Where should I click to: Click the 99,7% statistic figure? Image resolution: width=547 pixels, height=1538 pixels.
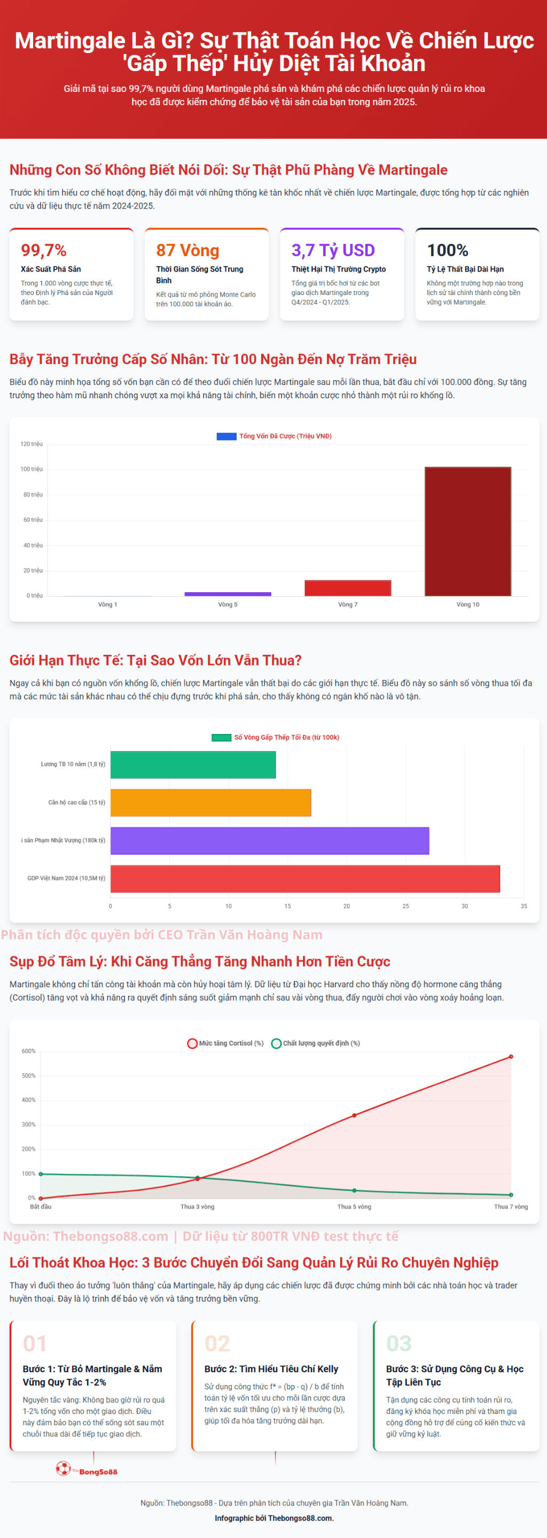coord(44,250)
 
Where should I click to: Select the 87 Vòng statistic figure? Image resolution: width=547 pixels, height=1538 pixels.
coord(187,250)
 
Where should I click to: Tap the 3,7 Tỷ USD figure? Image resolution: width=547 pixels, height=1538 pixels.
coord(333,250)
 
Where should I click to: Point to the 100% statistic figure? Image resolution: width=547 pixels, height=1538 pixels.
coord(448,250)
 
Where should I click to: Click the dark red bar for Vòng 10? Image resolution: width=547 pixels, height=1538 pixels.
coord(467,531)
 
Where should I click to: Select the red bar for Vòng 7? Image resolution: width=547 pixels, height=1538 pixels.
coord(348,588)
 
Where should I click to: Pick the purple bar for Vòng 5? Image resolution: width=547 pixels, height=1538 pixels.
coord(228,594)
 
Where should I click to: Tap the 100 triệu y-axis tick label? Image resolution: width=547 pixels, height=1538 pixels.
coord(32,469)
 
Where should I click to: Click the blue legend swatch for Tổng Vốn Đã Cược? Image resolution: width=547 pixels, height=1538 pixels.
coord(226,436)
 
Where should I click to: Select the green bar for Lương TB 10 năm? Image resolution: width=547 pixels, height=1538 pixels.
coord(193,765)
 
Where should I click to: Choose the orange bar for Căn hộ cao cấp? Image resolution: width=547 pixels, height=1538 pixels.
coord(210,802)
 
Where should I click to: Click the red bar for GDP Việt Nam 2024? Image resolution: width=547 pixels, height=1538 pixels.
coord(305,878)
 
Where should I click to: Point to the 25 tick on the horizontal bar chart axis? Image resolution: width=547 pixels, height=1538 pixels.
coord(405,906)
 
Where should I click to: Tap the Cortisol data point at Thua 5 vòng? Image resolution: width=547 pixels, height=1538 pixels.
coord(354,1115)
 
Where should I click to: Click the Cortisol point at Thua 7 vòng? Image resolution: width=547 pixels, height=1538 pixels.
coord(511,1057)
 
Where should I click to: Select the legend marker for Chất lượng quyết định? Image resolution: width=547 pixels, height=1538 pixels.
coord(276,1044)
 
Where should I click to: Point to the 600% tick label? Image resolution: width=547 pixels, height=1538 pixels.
coord(29,1052)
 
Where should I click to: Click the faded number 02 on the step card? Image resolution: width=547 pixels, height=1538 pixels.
coord(217,1344)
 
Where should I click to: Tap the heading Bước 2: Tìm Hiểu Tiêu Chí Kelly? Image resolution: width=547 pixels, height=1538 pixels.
coord(271,1369)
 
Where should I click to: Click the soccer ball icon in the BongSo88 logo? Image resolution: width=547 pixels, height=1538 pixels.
coord(63,1468)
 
